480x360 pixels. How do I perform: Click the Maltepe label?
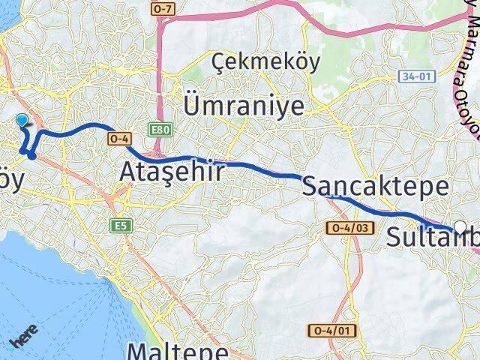pos(178,351)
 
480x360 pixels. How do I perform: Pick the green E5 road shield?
pos(119,225)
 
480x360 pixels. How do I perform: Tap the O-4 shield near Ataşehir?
pos(120,139)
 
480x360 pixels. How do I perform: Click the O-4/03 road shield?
pos(346,227)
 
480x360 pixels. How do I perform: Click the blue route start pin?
pos(22,120)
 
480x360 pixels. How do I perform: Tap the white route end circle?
pos(460,228)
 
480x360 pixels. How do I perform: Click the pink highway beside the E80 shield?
pos(160,90)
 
